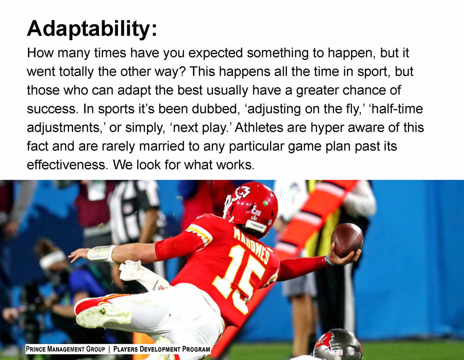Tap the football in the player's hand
click(x=347, y=240)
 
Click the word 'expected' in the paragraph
click(x=216, y=53)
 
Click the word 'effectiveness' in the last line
click(x=66, y=165)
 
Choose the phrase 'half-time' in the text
click(x=397, y=109)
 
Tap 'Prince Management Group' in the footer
click(x=65, y=349)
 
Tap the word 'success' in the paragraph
click(x=51, y=109)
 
